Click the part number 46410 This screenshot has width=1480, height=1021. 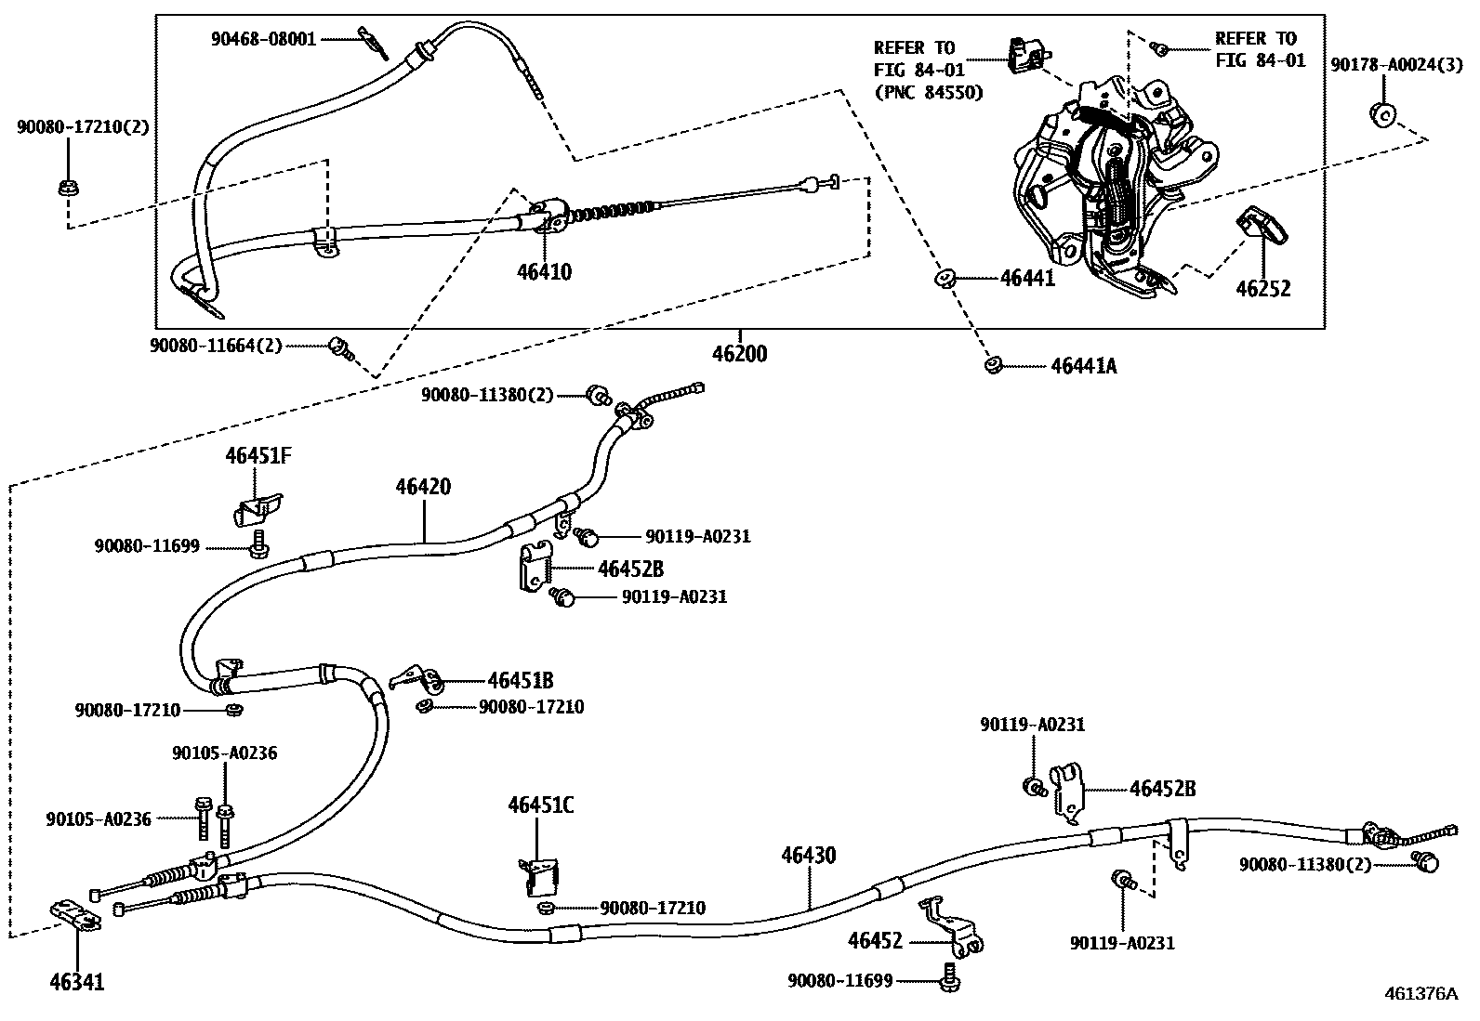click(x=544, y=272)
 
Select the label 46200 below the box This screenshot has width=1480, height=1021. click(x=740, y=354)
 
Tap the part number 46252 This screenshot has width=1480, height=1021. click(x=1262, y=289)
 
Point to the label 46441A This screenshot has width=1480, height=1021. click(x=1083, y=366)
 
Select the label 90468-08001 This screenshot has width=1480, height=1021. click(x=263, y=39)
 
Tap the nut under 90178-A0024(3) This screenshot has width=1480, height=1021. click(x=1381, y=114)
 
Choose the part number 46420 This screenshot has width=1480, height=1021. click(x=423, y=486)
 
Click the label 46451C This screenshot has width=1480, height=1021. click(x=540, y=805)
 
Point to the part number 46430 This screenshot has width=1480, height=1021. click(x=808, y=855)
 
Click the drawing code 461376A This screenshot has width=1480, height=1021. click(x=1421, y=992)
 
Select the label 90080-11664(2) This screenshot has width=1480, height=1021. click(x=216, y=346)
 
